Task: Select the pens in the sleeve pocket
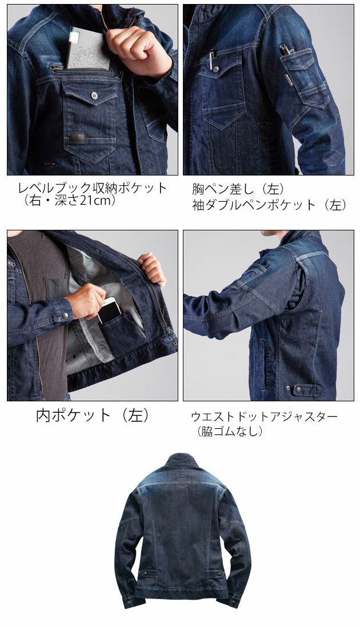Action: pyautogui.click(x=286, y=50)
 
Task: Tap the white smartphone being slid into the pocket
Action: pyautogui.click(x=109, y=309)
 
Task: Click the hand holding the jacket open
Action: pyautogui.click(x=152, y=269)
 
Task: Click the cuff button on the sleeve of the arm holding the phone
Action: pyautogui.click(x=68, y=314)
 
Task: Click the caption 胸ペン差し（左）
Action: pyautogui.click(x=238, y=189)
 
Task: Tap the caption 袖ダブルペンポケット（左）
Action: pyautogui.click(x=269, y=205)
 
